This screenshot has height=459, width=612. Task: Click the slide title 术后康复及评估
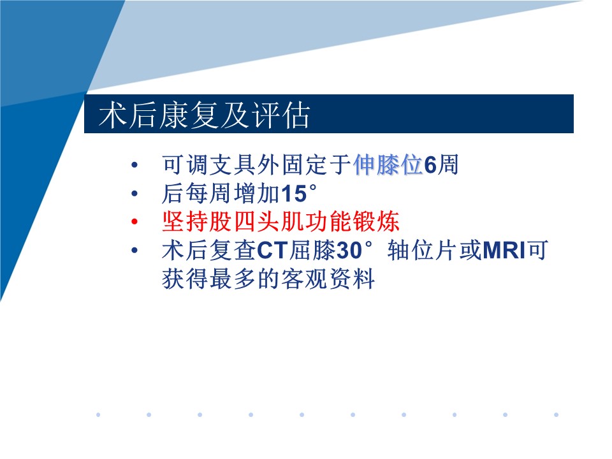[x=205, y=115]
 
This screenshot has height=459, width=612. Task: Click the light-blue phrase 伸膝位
[x=388, y=164]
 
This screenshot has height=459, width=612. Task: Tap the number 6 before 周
[x=430, y=165]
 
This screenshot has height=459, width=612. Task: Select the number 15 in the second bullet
[x=293, y=194]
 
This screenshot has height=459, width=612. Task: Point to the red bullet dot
[x=135, y=222]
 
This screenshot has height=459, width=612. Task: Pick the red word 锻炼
[x=375, y=222]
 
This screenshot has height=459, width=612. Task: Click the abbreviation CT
[x=272, y=251]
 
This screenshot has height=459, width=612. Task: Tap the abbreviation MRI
[x=504, y=251]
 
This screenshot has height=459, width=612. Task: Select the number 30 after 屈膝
[x=349, y=251]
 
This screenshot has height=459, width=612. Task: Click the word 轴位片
[x=423, y=250]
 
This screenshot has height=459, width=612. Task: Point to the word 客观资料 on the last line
[x=328, y=279]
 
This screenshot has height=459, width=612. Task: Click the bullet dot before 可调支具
[x=135, y=164]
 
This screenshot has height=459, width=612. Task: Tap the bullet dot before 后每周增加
[x=135, y=193]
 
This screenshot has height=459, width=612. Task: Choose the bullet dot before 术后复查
[x=135, y=250]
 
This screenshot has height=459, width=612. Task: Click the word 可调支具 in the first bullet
[x=209, y=164]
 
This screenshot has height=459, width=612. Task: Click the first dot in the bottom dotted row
[x=98, y=414]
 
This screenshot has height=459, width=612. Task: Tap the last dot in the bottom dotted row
[x=556, y=414]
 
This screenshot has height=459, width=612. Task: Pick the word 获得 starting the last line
[x=186, y=279]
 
